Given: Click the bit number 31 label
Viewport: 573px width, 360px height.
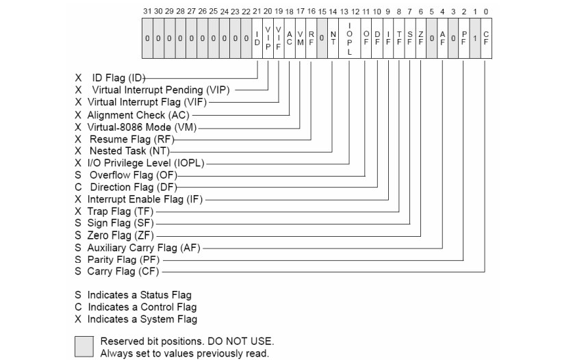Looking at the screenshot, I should coord(147,10).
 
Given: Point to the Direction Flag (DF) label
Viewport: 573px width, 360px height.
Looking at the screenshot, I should coord(131,187).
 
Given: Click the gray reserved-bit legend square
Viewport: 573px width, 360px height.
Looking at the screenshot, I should coord(84,348).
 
